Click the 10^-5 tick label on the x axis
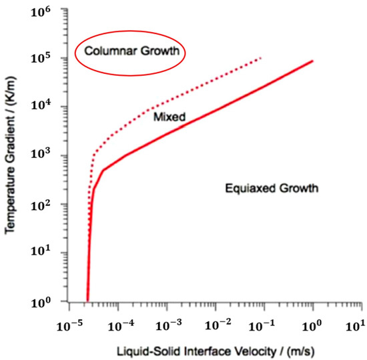pos(69,326)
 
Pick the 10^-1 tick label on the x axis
pos(264,326)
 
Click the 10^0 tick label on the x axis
pos(310,326)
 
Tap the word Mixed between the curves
pos(169,117)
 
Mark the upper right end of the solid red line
pos(312,61)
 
